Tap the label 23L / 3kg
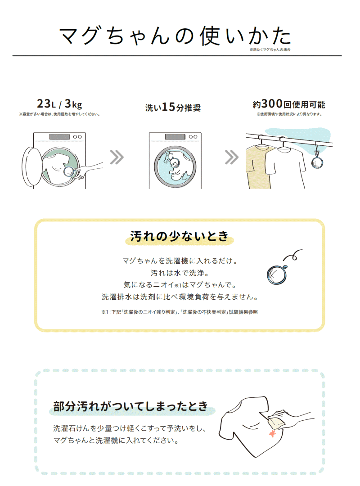point(59,104)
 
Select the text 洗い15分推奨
point(173,107)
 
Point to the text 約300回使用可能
point(289,104)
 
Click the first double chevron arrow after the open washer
point(117,157)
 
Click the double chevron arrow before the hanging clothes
point(232,157)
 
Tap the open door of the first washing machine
point(31,167)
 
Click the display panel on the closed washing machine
point(175,137)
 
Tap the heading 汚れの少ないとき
point(180,236)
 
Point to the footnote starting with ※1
point(180,312)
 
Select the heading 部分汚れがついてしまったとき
point(130,406)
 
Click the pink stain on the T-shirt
point(272,434)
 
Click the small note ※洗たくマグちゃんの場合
point(270,49)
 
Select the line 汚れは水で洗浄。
point(180,273)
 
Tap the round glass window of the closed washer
point(175,166)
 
